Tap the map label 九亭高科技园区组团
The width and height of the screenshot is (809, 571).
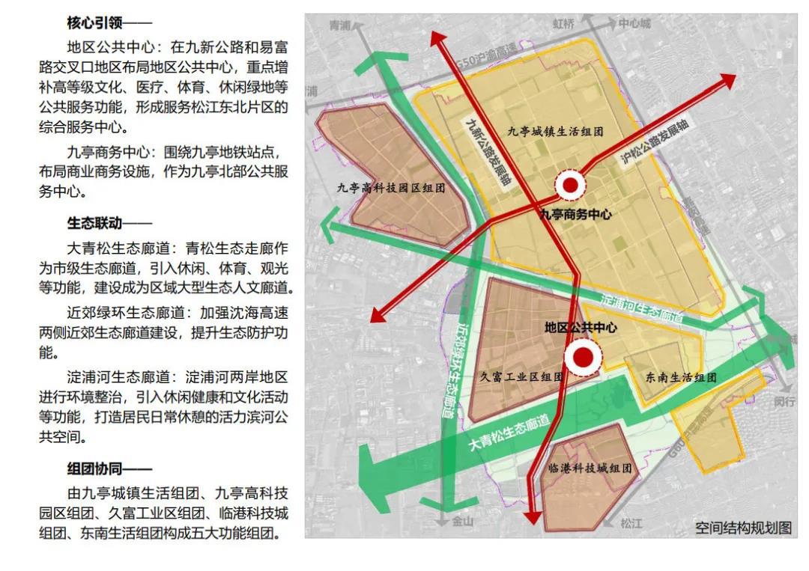point(390,189)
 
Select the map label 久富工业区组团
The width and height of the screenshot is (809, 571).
point(521,377)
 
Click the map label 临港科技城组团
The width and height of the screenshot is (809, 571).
point(590,469)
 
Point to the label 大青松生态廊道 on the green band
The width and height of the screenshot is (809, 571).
point(509,433)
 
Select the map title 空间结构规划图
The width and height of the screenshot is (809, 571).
point(742,528)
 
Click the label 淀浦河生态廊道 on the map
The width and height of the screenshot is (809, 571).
point(641,307)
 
